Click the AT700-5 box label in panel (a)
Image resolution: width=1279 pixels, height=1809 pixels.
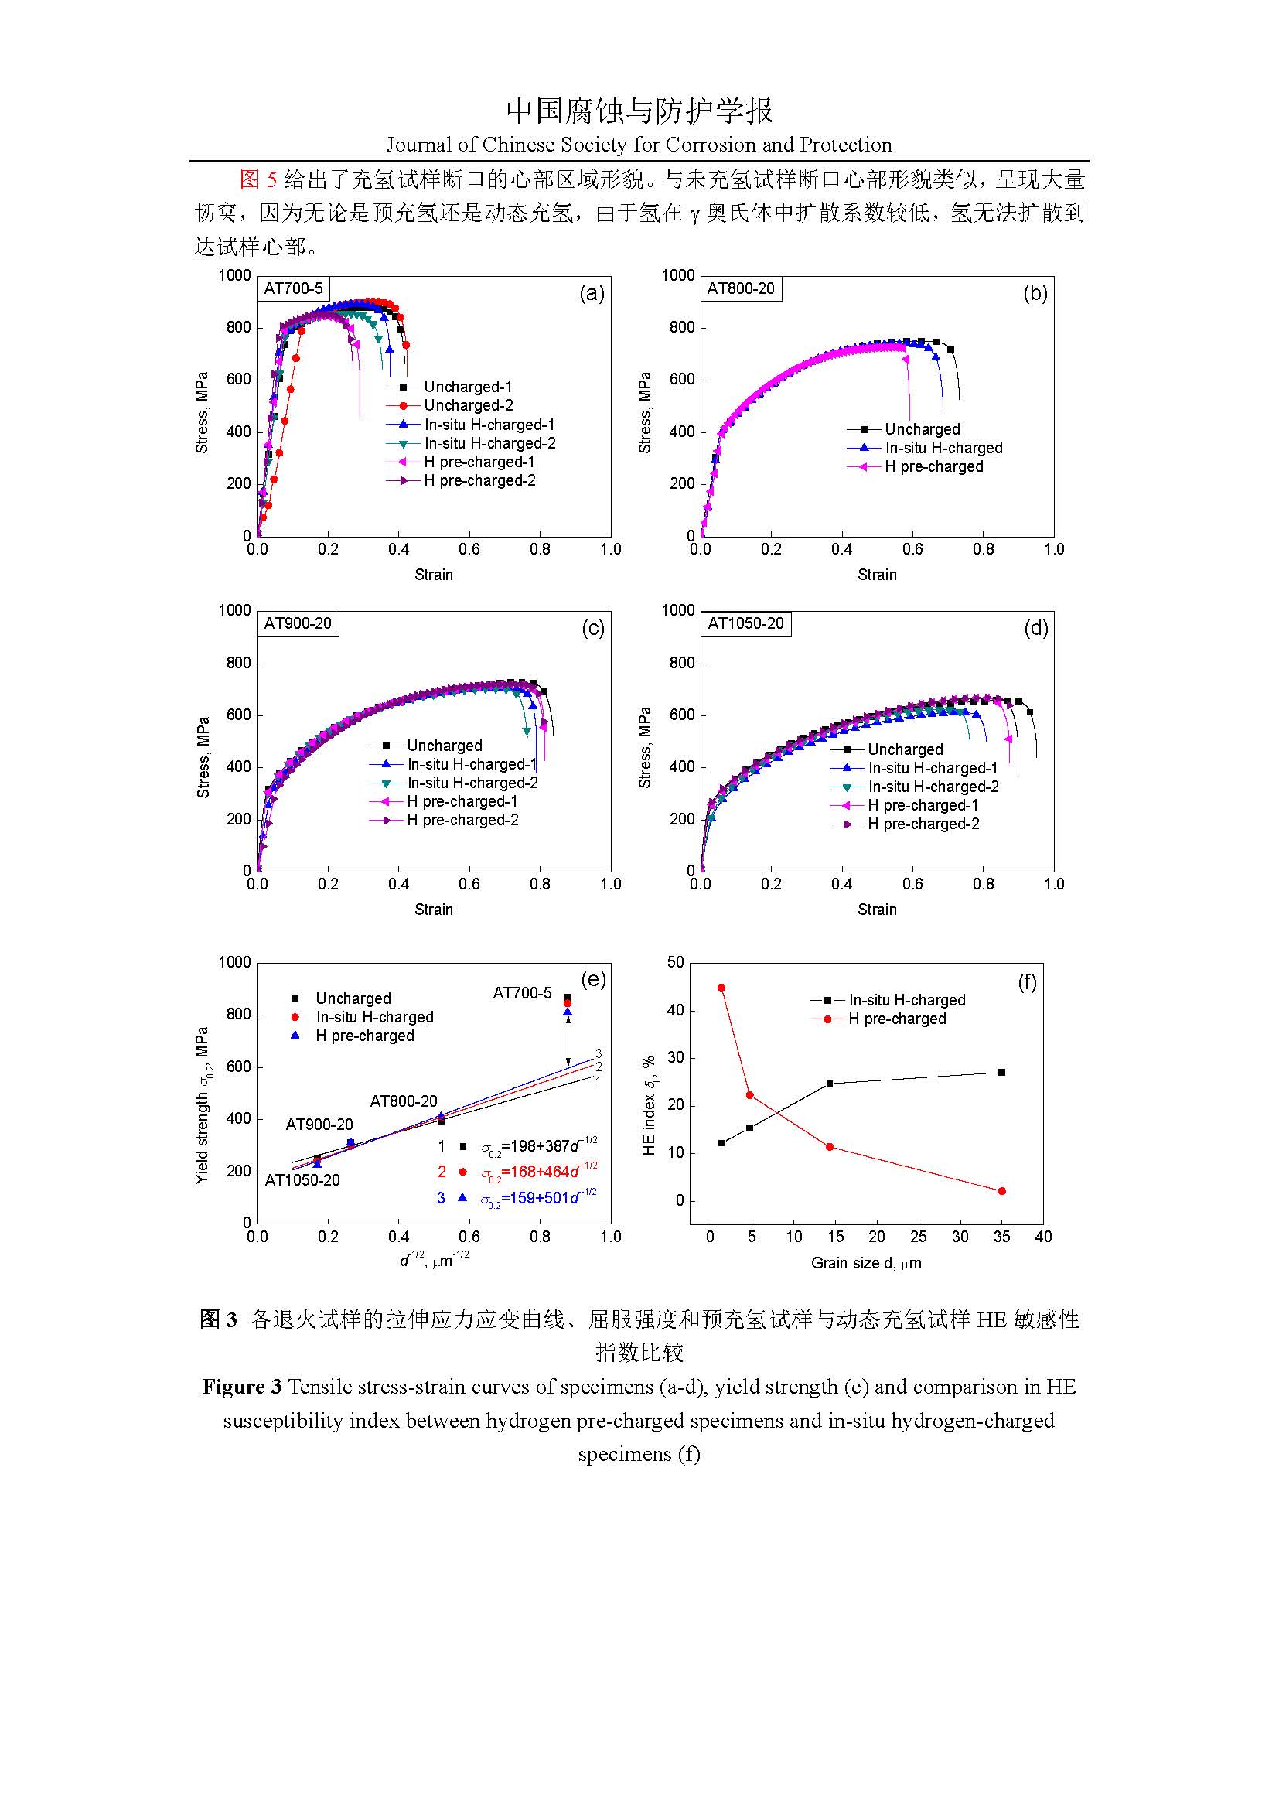[293, 288]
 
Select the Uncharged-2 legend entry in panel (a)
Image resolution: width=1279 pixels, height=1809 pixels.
[468, 405]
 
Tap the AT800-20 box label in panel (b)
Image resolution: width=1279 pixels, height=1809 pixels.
[740, 288]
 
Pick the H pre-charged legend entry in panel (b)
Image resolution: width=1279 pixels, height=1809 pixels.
[933, 466]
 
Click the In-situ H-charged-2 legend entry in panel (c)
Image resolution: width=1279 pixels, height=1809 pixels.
[472, 783]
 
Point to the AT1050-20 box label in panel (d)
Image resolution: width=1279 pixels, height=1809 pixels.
[745, 623]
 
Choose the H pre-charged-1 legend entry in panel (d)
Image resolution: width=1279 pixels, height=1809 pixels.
[923, 805]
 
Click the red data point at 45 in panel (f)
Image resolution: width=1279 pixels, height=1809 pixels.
[721, 987]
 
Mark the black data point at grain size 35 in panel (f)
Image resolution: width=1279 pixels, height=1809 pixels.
[1001, 1072]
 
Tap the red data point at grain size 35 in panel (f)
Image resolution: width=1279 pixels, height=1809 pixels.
[1001, 1191]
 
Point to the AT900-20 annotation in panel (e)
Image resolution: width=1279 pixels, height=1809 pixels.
[319, 1125]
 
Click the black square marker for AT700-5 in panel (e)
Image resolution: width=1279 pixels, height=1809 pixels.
[567, 998]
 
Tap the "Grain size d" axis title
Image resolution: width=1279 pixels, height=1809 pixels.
[865, 1263]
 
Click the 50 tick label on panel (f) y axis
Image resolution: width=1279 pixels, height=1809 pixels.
[675, 962]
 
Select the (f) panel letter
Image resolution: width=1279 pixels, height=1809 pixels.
[1027, 982]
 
